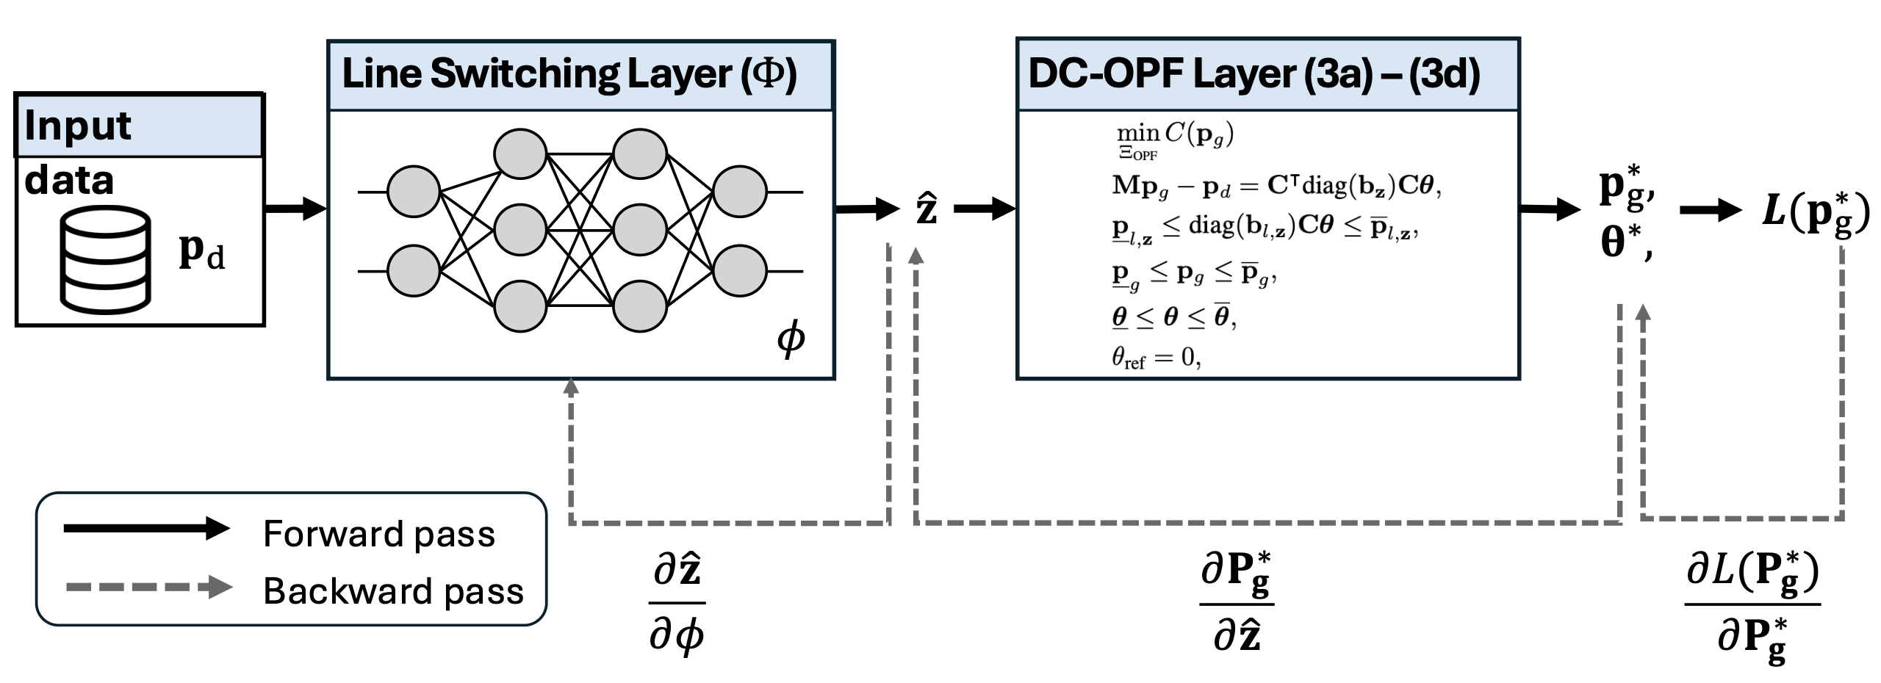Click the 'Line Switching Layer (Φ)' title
pyautogui.click(x=569, y=75)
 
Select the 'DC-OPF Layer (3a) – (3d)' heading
pyautogui.click(x=1254, y=75)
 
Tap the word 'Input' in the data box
pyautogui.click(x=77, y=126)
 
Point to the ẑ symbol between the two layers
pyautogui.click(x=926, y=209)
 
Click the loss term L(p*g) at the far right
pyautogui.click(x=1816, y=213)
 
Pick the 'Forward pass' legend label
pyautogui.click(x=379, y=533)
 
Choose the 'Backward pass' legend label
pyautogui.click(x=393, y=590)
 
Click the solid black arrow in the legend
pyautogui.click(x=147, y=528)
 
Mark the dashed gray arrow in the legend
pyautogui.click(x=147, y=587)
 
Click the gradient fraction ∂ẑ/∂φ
pyautogui.click(x=677, y=604)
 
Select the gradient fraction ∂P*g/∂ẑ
pyautogui.click(x=1236, y=604)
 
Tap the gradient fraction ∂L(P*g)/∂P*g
pyautogui.click(x=1752, y=604)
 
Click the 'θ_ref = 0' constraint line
pyautogui.click(x=1156, y=358)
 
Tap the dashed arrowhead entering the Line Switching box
pyautogui.click(x=571, y=386)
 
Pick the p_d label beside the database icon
pyautogui.click(x=201, y=253)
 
